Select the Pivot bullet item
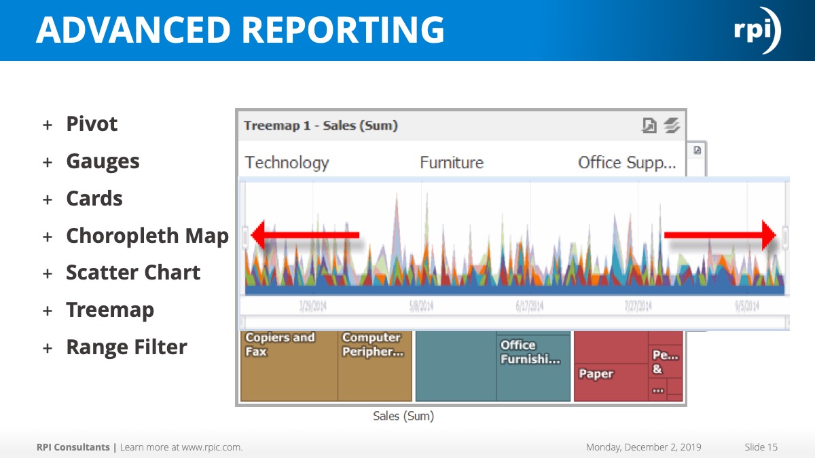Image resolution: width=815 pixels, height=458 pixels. (92, 124)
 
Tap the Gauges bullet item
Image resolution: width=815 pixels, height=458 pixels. (103, 161)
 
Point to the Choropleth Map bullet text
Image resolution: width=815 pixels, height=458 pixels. (147, 235)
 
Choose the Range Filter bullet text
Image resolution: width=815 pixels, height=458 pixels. (126, 347)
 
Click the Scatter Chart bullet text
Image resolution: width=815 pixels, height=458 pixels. (133, 273)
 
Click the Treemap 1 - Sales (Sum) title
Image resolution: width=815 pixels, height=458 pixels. (321, 126)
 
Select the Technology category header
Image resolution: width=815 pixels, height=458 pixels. (287, 163)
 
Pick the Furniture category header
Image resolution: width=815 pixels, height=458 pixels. (452, 163)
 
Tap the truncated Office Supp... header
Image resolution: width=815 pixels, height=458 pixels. (626, 163)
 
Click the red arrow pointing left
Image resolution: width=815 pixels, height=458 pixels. (305, 235)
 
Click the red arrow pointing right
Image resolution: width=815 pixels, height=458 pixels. (720, 235)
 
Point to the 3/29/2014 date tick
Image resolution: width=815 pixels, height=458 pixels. (312, 306)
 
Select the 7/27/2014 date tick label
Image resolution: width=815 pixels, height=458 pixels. (638, 306)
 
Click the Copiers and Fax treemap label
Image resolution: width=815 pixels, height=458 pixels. (280, 344)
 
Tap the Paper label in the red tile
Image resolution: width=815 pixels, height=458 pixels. (596, 374)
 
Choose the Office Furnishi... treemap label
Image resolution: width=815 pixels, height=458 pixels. (530, 352)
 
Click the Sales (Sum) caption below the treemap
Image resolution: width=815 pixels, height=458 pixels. (403, 416)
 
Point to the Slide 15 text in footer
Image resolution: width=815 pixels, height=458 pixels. (761, 447)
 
